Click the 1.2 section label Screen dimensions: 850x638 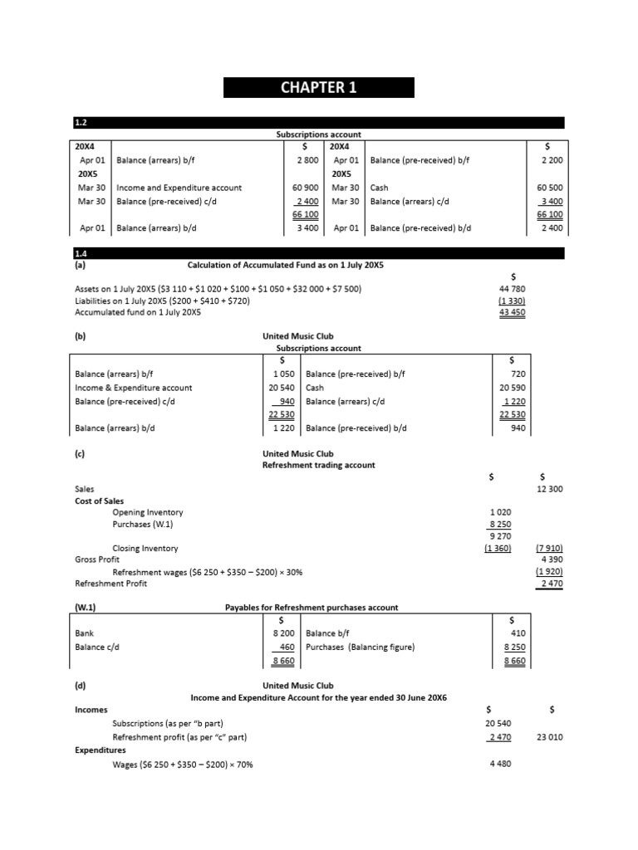click(x=81, y=123)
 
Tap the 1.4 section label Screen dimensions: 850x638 click(x=81, y=252)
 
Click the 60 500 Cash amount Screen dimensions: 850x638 click(x=550, y=188)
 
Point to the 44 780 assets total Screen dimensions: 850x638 click(x=512, y=288)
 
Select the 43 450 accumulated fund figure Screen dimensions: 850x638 click(x=512, y=312)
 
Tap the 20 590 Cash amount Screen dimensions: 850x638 click(x=512, y=388)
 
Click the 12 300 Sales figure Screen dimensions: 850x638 click(x=549, y=489)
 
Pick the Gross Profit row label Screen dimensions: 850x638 click(x=98, y=559)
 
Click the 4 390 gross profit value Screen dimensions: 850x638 click(x=552, y=559)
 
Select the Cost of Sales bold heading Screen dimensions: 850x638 click(x=102, y=501)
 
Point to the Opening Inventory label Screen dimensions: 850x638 click(x=148, y=512)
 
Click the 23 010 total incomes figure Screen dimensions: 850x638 click(x=549, y=736)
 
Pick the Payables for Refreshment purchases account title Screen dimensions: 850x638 click(x=312, y=608)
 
